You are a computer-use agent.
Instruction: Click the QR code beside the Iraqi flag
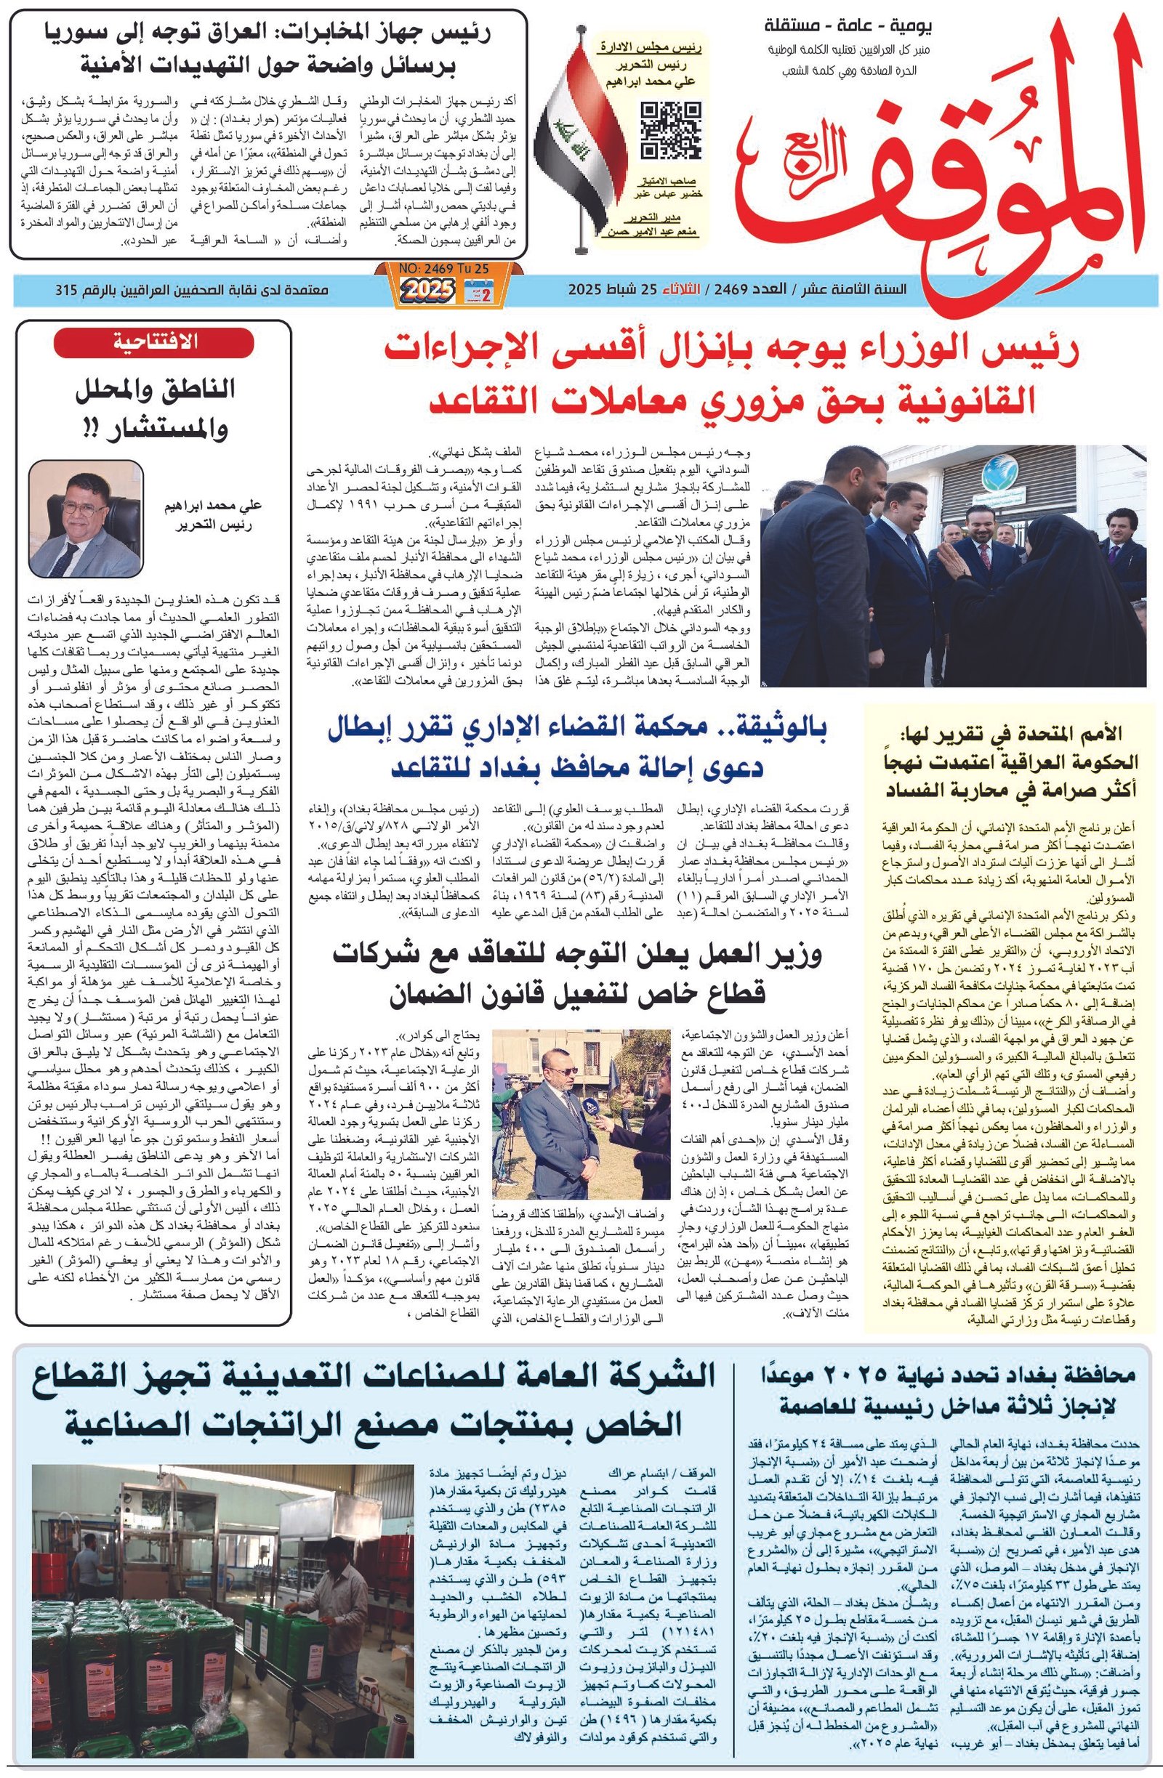(x=671, y=131)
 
